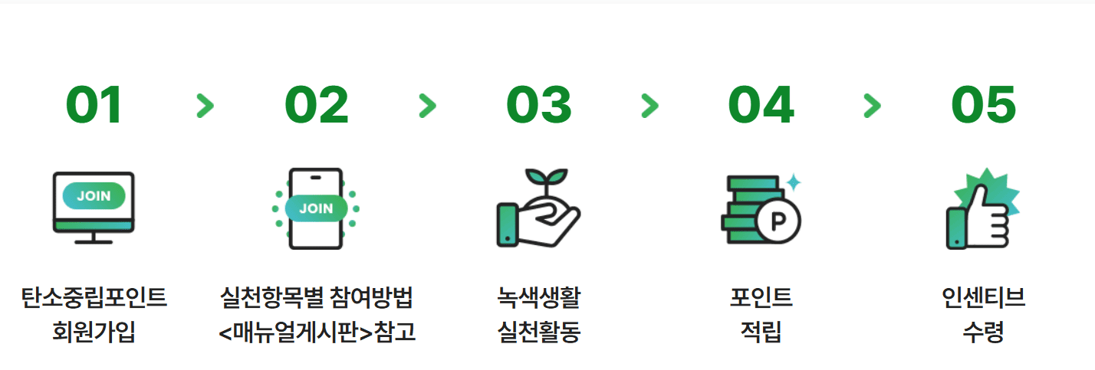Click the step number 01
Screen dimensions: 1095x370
point(94,105)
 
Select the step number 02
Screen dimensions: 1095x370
point(316,105)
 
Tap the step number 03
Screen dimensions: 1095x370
point(538,105)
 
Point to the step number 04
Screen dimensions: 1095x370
point(761,105)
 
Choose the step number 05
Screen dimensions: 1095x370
point(983,105)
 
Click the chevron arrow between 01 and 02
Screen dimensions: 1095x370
point(205,106)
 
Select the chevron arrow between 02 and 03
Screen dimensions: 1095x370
point(427,106)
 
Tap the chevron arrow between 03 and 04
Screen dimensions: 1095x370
point(649,106)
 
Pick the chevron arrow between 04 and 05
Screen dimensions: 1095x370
point(872,106)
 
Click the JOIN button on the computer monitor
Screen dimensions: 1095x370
point(94,196)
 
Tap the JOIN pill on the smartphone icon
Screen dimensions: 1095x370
point(316,208)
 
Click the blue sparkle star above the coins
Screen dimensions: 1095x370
point(794,182)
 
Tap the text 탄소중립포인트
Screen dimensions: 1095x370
point(94,297)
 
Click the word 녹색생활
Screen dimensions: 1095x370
point(538,297)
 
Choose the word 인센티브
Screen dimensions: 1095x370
point(983,297)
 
